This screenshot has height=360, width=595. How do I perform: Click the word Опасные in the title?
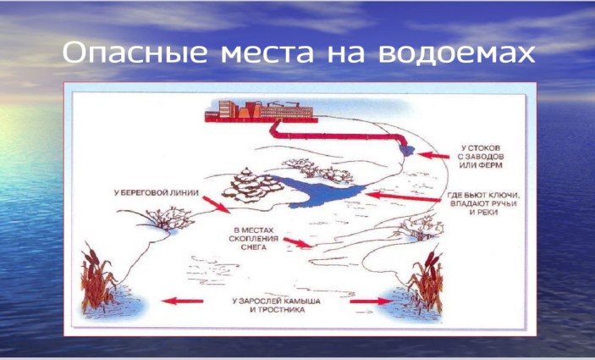click(x=135, y=53)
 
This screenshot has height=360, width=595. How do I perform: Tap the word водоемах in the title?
click(x=456, y=53)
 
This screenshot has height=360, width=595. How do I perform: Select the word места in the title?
click(x=267, y=54)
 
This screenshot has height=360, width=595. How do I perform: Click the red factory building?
click(x=261, y=111)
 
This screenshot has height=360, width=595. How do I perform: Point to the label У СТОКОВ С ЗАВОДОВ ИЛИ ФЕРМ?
click(x=481, y=157)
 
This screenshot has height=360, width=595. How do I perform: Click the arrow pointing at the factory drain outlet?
click(x=433, y=155)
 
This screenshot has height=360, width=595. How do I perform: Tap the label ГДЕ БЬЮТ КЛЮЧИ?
click(x=482, y=195)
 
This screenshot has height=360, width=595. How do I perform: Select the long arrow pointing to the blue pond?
click(x=403, y=197)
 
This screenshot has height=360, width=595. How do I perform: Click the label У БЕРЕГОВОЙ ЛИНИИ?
click(x=157, y=193)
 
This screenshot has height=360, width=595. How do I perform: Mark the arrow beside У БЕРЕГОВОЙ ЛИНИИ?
click(x=216, y=204)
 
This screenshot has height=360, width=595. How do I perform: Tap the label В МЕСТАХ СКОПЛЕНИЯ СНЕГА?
click(x=254, y=239)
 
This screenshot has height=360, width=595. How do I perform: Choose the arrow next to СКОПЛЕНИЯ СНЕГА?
click(x=298, y=242)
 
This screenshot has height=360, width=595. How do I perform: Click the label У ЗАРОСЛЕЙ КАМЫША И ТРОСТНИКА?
click(x=277, y=305)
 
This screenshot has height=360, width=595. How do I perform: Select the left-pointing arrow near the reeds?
click(x=183, y=302)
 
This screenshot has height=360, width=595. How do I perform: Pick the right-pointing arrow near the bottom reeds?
click(x=371, y=302)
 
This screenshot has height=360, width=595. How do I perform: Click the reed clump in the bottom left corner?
click(x=97, y=278)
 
